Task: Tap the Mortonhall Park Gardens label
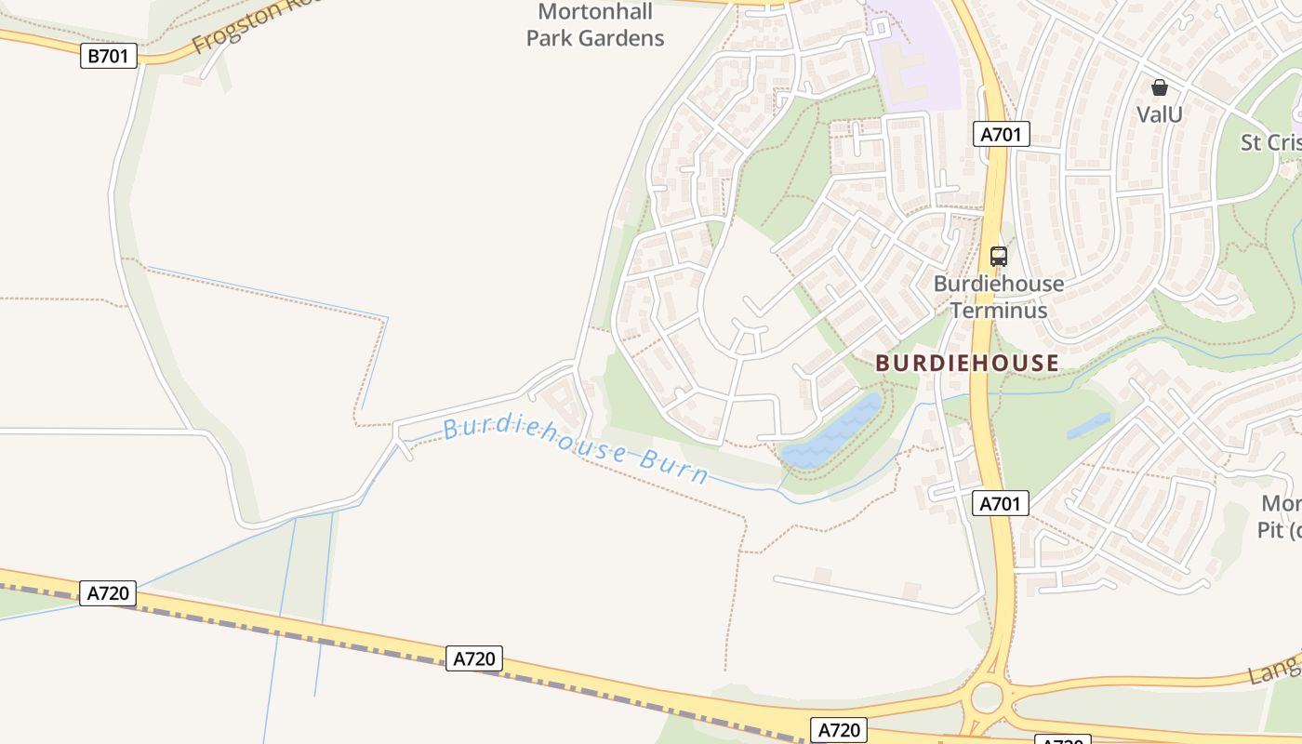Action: [595, 25]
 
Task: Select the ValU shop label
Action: [1159, 114]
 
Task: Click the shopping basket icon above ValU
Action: [1159, 87]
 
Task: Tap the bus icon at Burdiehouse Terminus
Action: [998, 256]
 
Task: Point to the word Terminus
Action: [998, 311]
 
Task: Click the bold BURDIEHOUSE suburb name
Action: [967, 364]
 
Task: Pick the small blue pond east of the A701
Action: [1088, 426]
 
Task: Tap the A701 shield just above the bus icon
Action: [1001, 134]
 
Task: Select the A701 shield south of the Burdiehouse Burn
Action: [1001, 504]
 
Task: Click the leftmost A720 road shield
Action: [108, 593]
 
